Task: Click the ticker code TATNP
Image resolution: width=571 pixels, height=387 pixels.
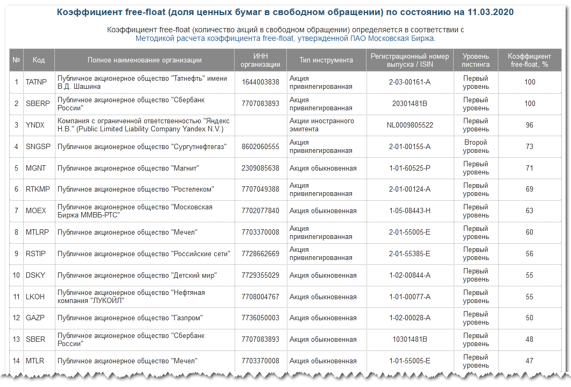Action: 37,82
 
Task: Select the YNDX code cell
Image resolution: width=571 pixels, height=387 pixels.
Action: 36,125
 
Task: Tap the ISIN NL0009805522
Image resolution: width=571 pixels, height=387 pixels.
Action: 410,125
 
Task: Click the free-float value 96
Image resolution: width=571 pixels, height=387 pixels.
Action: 530,125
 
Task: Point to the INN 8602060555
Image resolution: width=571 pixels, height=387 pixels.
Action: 260,147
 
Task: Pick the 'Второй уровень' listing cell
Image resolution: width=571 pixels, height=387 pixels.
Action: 476,146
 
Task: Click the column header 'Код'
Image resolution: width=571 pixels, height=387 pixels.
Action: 38,60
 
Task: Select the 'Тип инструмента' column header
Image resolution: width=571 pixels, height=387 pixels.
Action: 326,60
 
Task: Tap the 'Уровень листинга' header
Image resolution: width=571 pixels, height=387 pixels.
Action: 476,60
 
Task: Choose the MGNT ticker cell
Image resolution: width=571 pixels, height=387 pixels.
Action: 36,168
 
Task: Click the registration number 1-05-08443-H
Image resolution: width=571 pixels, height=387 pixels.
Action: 410,211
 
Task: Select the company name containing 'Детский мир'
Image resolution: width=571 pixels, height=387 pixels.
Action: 137,276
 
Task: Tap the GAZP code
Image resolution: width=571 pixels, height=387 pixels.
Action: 36,318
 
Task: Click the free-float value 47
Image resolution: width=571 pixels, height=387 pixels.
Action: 530,361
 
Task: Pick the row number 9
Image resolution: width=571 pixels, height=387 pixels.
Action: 17,254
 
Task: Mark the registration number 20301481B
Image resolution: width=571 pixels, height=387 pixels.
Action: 410,104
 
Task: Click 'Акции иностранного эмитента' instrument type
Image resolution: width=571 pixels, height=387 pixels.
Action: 322,125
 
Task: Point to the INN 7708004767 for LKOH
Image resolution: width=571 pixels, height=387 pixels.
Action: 260,297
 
